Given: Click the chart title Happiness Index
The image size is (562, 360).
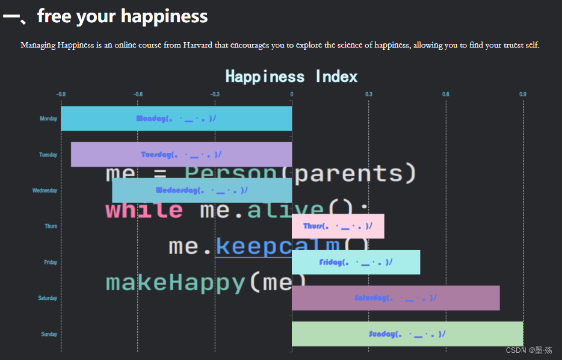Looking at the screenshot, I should pos(291,76).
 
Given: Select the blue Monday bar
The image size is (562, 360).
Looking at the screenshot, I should pos(176,119).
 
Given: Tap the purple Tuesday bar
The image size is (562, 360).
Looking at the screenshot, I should pos(181,154).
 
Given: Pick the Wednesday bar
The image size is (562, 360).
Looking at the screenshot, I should pos(202,190).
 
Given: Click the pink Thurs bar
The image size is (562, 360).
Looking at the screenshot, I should pos(338,226).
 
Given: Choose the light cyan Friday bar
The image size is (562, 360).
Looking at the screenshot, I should pos(356,262).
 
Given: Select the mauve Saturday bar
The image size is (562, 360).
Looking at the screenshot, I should pos(395,298).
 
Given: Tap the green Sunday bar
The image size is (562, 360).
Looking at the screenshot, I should pos(407,334).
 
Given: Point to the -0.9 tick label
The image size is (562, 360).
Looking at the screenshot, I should pos(61,94).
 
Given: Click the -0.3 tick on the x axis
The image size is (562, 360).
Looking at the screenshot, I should pos(214,94).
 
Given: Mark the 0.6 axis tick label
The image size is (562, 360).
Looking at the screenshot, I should pos(445,94).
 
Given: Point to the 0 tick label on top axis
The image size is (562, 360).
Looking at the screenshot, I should pos(292,94).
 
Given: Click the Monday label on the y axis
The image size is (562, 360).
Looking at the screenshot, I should pos(48,119).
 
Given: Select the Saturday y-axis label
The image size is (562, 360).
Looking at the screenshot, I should pos(48,298).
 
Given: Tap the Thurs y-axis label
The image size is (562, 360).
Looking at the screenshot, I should pos(51,226).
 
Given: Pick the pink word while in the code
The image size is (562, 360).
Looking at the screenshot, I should pos(144,210).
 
